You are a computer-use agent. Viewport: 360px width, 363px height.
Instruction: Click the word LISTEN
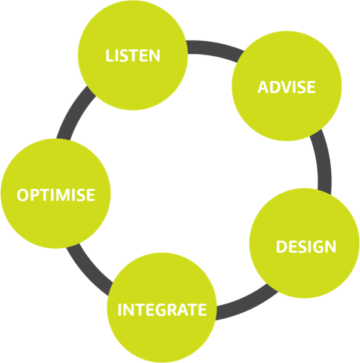133,56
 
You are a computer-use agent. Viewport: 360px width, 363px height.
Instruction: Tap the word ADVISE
286,87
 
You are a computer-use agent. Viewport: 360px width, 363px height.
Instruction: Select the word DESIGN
306,246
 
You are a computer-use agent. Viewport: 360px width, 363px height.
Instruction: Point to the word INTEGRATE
162,310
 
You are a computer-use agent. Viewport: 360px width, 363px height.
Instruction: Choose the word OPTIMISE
56,195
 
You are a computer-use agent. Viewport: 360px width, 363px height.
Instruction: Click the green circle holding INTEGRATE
162,335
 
